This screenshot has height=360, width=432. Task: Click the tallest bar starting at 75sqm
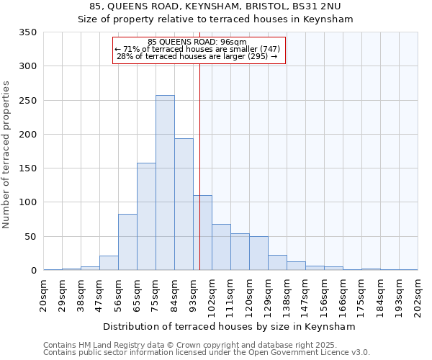[165, 183]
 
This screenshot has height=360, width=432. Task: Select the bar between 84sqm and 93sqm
[184, 204]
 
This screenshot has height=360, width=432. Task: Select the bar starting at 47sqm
[109, 264]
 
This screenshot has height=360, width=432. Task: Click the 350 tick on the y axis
[27, 32]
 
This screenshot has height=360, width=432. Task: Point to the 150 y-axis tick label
[27, 168]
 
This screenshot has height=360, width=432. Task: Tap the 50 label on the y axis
[30, 237]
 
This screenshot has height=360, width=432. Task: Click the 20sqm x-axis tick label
[44, 294]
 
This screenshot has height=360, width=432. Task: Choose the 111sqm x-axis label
[231, 295]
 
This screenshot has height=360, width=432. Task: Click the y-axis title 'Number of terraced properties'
[6, 155]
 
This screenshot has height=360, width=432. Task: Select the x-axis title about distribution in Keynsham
[230, 326]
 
